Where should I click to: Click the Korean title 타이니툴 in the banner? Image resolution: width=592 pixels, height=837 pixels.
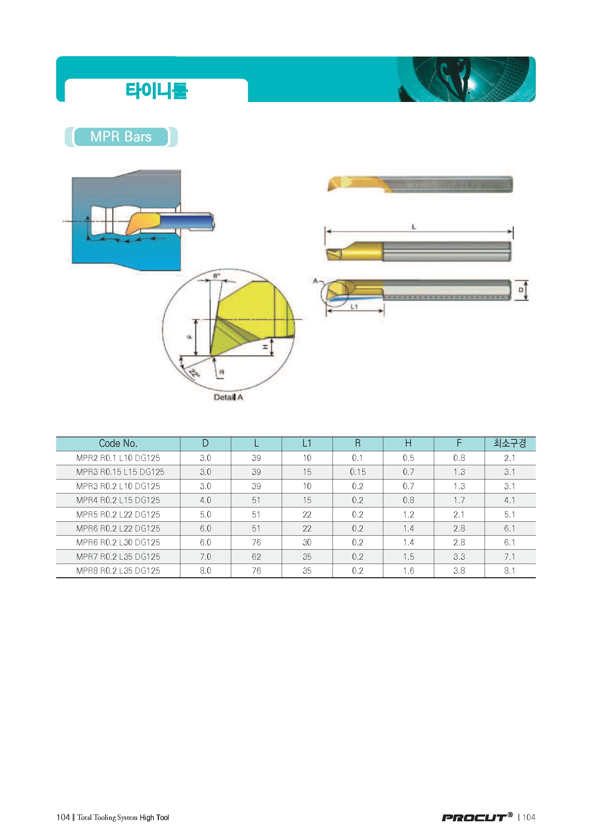pyautogui.click(x=156, y=91)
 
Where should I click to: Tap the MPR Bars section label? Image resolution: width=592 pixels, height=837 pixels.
pyautogui.click(x=121, y=137)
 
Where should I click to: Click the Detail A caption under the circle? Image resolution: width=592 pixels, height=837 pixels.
pyautogui.click(x=228, y=397)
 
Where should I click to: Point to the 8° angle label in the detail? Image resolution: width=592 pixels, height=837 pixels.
pyautogui.click(x=217, y=276)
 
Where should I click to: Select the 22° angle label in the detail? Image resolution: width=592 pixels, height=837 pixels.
pyautogui.click(x=194, y=374)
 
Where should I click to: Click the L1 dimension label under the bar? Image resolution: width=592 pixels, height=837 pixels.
pyautogui.click(x=354, y=307)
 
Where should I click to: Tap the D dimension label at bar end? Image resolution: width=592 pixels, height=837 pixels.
pyautogui.click(x=521, y=290)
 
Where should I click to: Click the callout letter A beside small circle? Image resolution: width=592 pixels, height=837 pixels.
pyautogui.click(x=315, y=281)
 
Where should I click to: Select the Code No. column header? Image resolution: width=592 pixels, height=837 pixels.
pyautogui.click(x=118, y=443)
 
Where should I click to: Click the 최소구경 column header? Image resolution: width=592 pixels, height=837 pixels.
pyautogui.click(x=510, y=443)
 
